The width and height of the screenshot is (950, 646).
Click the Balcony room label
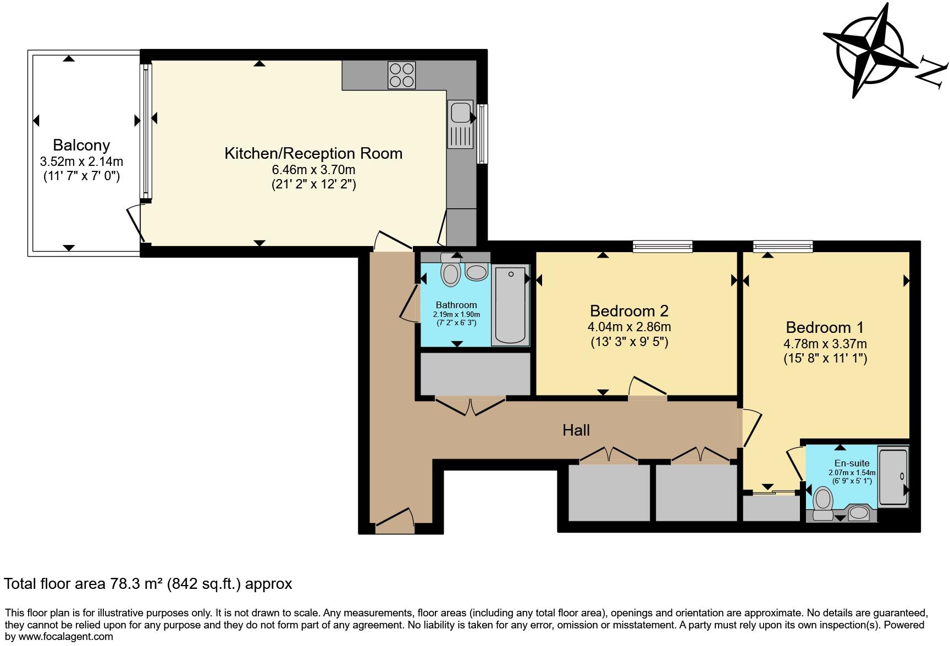tap(81, 145)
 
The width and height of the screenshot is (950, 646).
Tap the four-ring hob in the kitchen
tap(401, 75)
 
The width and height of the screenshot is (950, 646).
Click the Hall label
tap(576, 430)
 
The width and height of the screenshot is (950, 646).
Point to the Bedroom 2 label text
tap(629, 311)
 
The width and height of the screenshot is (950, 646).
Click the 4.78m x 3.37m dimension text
tap(825, 344)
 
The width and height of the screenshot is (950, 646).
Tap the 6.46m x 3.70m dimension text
tap(314, 169)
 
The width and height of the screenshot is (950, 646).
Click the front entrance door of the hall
tap(395, 520)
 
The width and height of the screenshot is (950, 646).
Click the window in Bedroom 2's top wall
tap(662, 247)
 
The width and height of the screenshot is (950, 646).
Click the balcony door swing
tap(135, 224)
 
